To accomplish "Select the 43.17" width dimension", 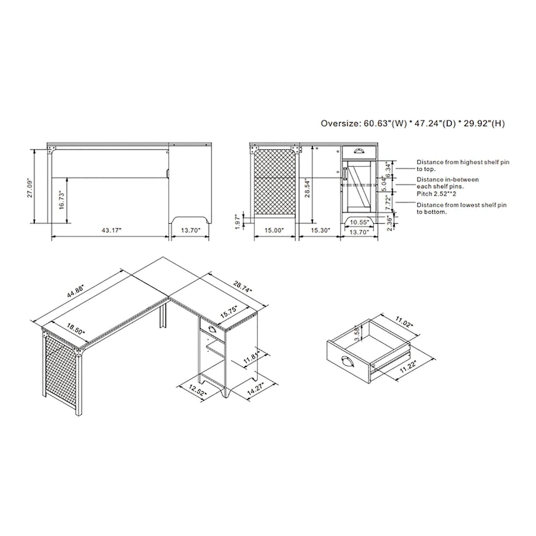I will [x=111, y=230].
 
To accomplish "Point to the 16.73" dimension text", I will [x=61, y=200].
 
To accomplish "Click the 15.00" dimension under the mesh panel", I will [x=273, y=230].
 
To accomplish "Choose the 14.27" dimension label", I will [x=256, y=387].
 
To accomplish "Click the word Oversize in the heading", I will [x=340, y=123].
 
